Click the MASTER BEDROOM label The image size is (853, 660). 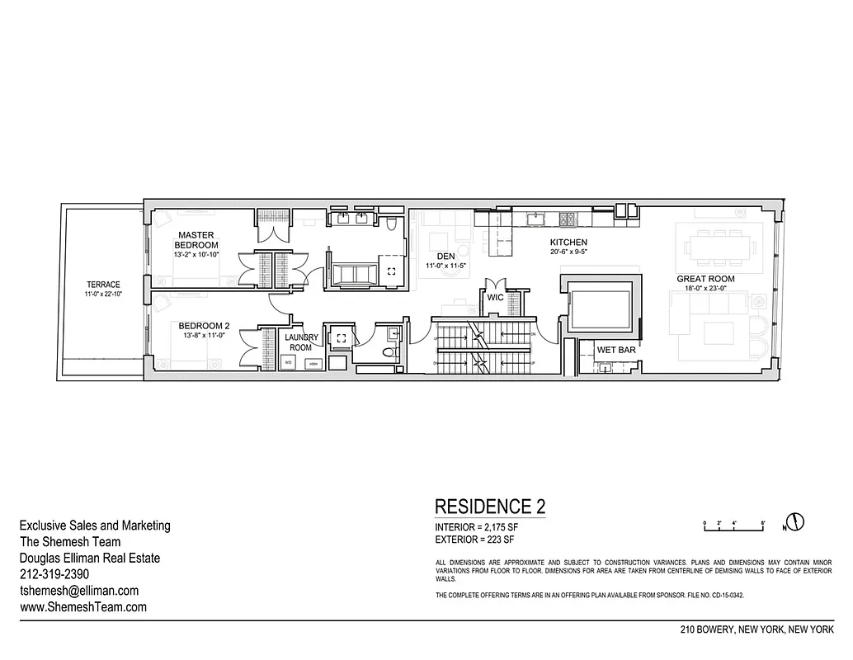[x=196, y=240]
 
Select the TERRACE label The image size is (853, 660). [x=102, y=285]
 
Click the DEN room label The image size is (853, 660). [x=446, y=256]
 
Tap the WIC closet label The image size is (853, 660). [x=495, y=297]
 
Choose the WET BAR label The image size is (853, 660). [x=615, y=351]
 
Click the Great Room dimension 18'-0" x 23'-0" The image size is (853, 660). [x=705, y=289]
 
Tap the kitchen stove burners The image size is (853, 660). [x=568, y=219]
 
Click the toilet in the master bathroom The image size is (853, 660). [x=392, y=224]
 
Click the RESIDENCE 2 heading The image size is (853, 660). [x=489, y=506]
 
